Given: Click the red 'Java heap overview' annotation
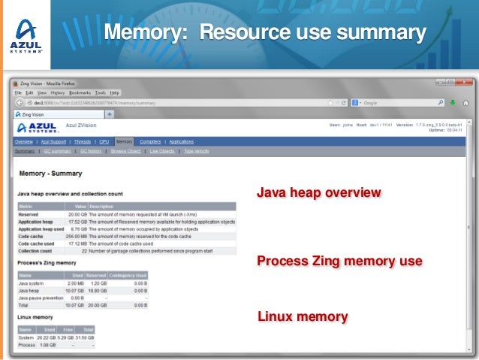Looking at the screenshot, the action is point(318,193).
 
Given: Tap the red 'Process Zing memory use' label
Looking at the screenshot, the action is point(339,262).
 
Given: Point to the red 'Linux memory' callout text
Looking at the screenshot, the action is point(302,316).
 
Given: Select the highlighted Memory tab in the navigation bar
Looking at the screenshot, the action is point(124,141).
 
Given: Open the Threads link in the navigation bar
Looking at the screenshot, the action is point(83,141).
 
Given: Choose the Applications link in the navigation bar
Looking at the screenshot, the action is point(181,141).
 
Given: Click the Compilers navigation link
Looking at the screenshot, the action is point(150,141).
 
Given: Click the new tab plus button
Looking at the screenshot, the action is point(109,114).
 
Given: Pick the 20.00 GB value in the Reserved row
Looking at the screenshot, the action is point(75,213).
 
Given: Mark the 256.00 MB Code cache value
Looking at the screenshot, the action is point(74,236).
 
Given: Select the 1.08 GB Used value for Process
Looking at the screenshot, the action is point(47,345).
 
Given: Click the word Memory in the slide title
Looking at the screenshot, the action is point(146,33).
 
